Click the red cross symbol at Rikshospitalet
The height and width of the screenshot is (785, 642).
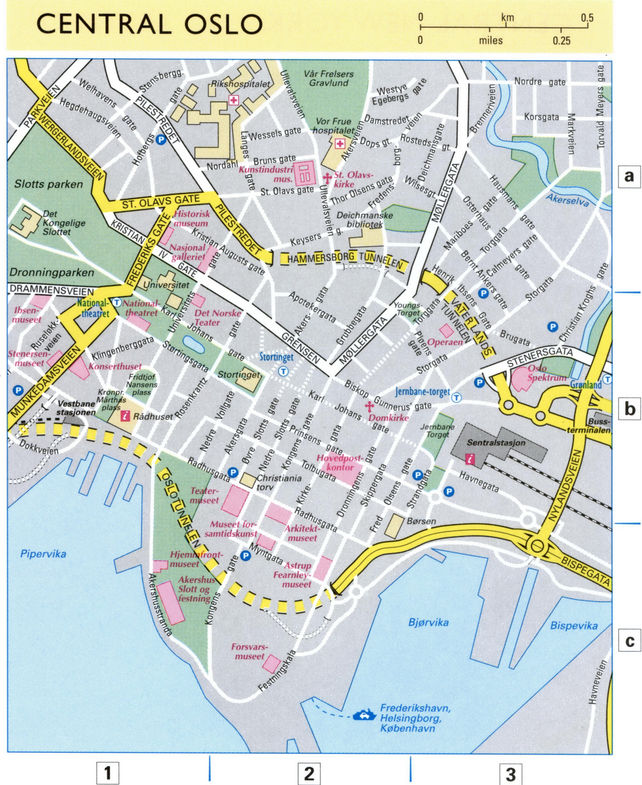pos(233,100)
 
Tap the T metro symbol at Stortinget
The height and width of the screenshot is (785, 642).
pos(283,371)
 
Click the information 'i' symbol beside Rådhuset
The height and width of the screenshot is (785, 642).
pos(125,416)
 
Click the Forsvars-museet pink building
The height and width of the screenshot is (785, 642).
pos(271,664)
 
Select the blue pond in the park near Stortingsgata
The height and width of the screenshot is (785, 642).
pos(193,345)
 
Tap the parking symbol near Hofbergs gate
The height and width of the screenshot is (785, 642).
pos(161,139)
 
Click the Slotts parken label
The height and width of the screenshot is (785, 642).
pos(48,184)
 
